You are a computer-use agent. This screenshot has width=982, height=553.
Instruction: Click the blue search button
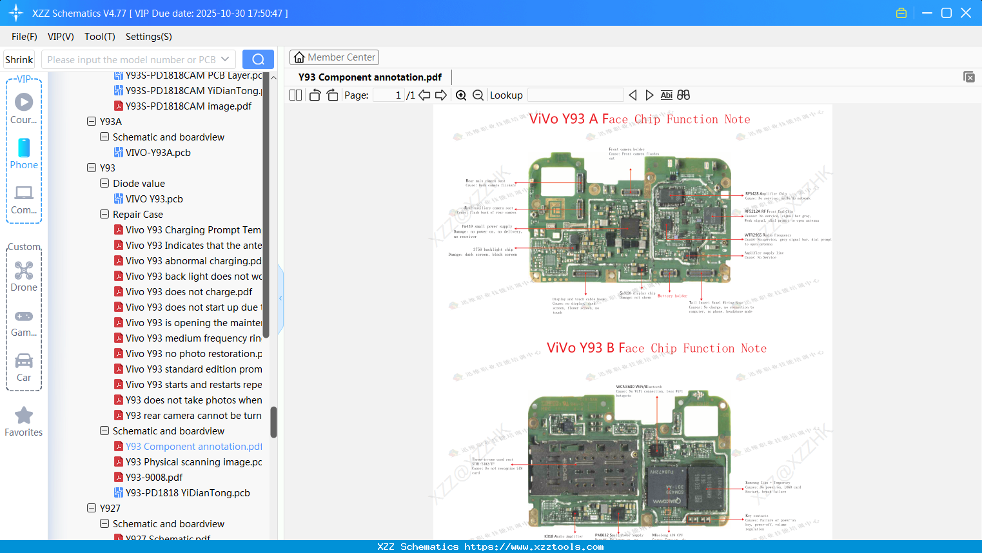[x=258, y=59]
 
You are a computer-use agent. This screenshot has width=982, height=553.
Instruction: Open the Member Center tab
[x=334, y=57]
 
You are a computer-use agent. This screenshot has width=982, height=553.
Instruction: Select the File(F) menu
[x=25, y=37]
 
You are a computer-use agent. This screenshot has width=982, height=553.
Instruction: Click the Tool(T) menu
[x=99, y=37]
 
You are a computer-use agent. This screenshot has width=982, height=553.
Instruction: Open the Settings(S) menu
[x=148, y=37]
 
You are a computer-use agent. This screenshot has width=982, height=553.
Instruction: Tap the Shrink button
[x=19, y=59]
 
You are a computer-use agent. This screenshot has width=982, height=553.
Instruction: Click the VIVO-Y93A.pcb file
[x=158, y=153]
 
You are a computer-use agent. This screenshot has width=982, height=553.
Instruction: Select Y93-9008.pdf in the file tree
[x=154, y=478]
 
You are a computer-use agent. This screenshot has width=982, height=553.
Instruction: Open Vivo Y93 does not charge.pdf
[x=189, y=292]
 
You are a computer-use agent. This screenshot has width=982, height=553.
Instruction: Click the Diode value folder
[x=139, y=184]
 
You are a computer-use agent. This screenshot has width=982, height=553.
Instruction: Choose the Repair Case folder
[x=137, y=215]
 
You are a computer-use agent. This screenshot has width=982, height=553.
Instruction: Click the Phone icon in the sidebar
[x=24, y=153]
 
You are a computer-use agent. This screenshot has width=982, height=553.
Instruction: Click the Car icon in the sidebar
[x=24, y=366]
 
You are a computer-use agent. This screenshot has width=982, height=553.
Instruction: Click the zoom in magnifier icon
[x=461, y=95]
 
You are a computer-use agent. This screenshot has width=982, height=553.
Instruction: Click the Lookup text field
[x=575, y=95]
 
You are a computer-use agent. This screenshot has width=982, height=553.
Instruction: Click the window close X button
[x=966, y=13]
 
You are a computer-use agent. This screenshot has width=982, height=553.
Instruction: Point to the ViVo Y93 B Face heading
[x=656, y=348]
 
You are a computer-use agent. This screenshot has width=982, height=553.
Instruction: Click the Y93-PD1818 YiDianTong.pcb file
[x=188, y=493]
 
